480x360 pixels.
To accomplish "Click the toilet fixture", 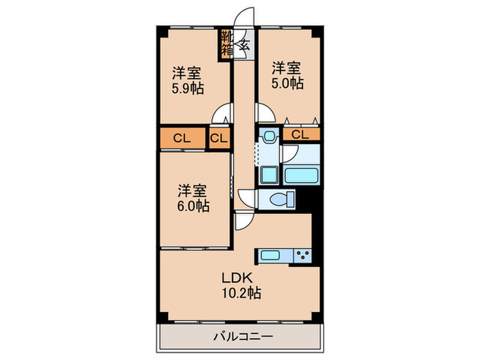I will pyautogui.click(x=281, y=200).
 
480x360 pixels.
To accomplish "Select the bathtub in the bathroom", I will pyautogui.click(x=302, y=174).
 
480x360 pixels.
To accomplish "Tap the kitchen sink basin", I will pyautogui.click(x=270, y=256).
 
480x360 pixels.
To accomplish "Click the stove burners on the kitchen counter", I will pyautogui.click(x=302, y=256).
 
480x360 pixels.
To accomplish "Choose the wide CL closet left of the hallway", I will pyautogui.click(x=182, y=138).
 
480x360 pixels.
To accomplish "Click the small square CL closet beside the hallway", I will pyautogui.click(x=219, y=138).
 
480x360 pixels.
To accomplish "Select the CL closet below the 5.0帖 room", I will pyautogui.click(x=300, y=135).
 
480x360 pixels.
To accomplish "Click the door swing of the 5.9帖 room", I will pyautogui.click(x=221, y=114).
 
